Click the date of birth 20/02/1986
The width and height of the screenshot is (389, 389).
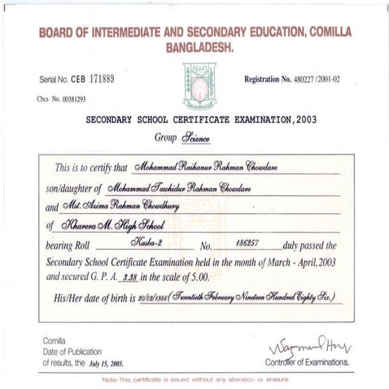pos(152,298)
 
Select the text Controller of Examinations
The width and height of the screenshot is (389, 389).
pos(308,361)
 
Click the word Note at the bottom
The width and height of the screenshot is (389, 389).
pos(111,379)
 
